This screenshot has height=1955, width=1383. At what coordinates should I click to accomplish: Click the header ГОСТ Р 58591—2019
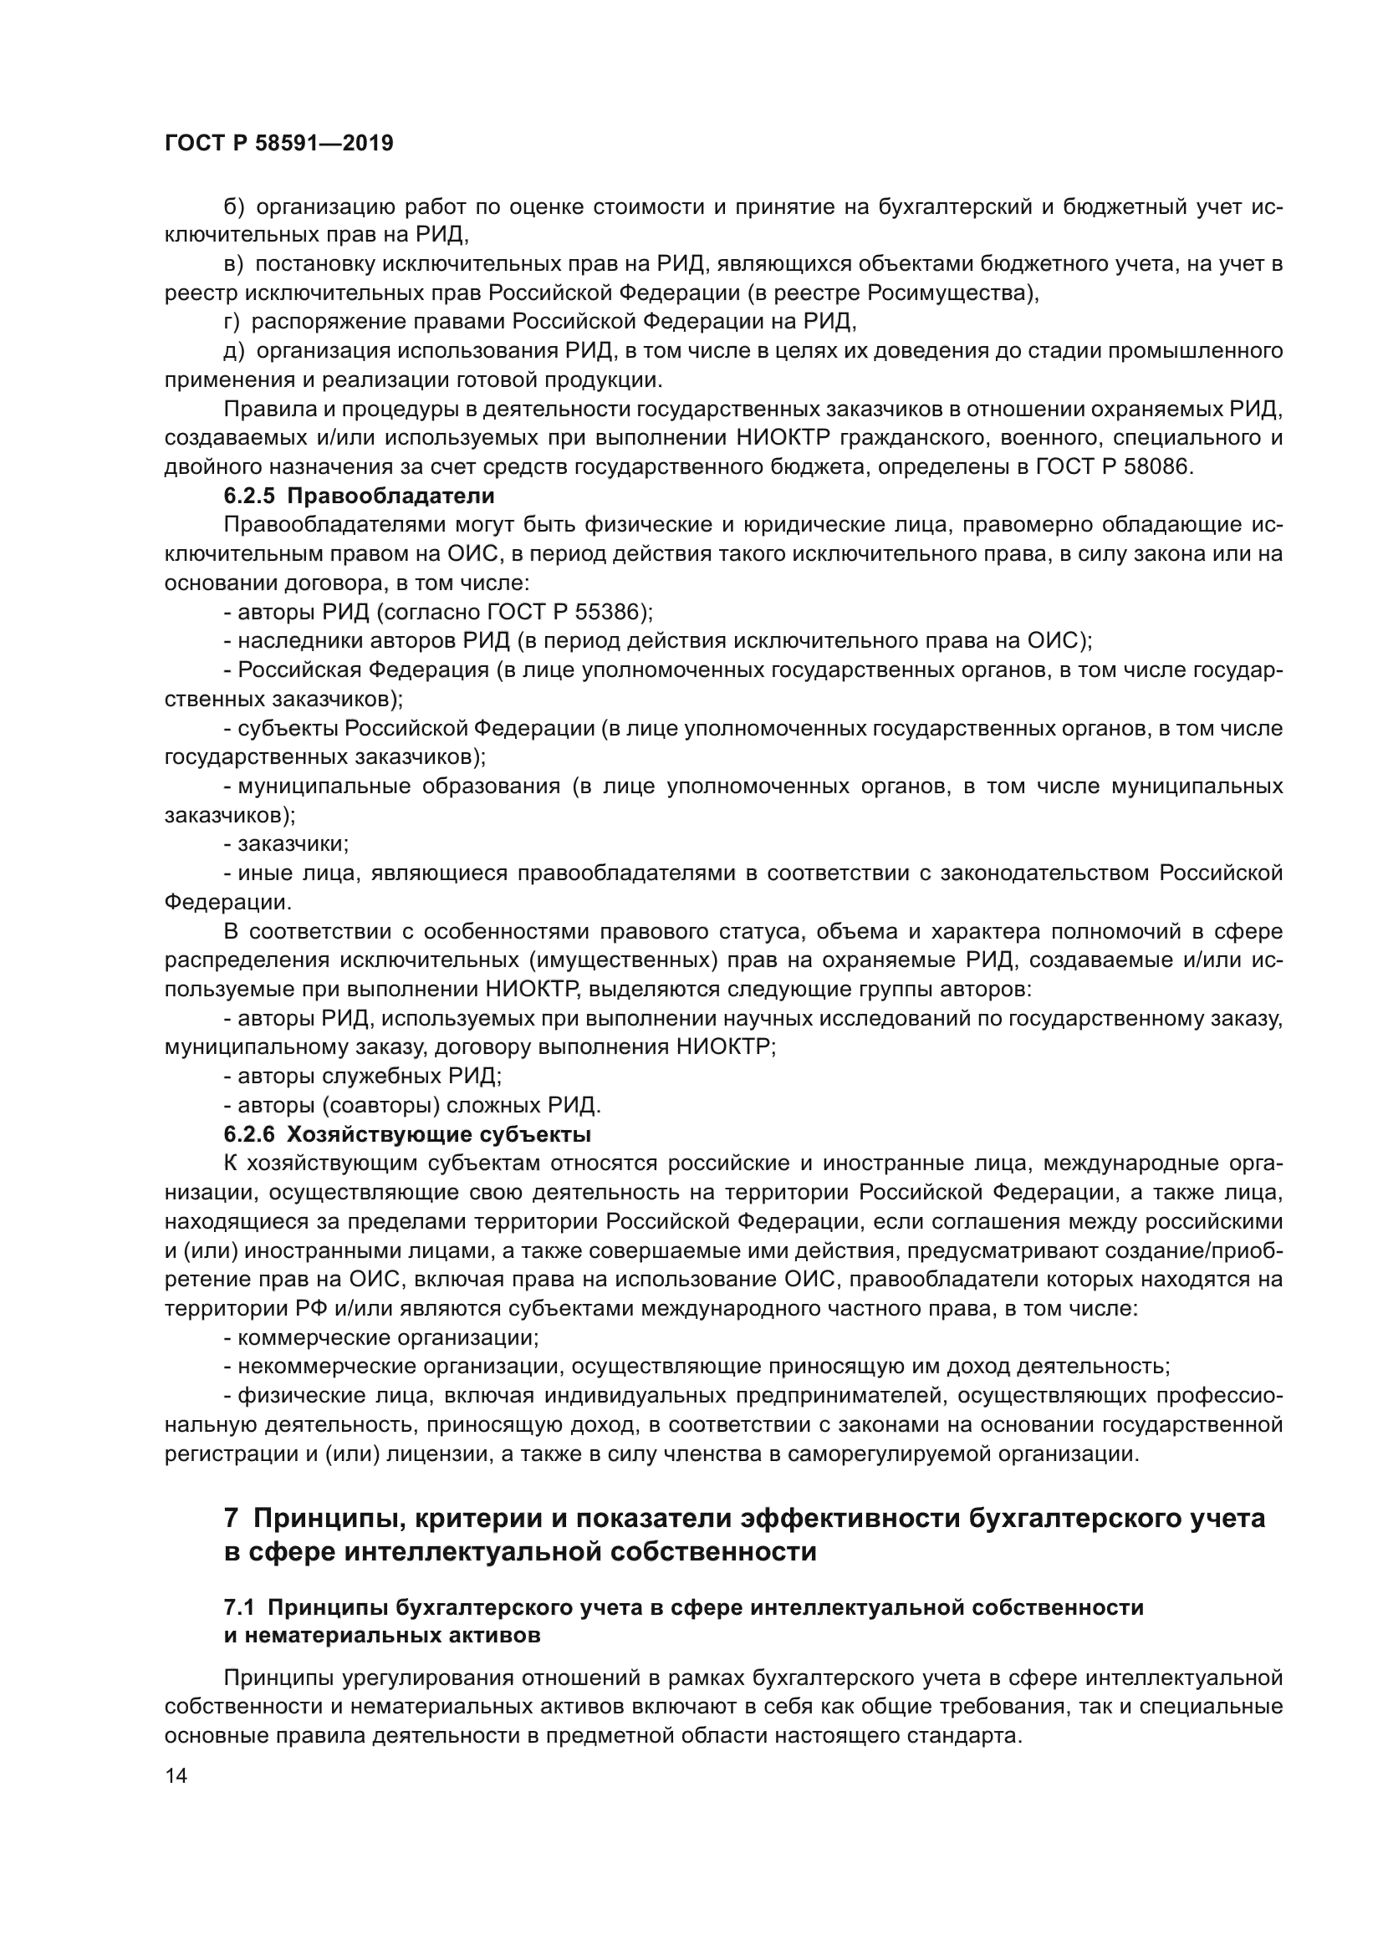coord(278,143)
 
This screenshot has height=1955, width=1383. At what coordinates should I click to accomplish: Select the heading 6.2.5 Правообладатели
coord(359,496)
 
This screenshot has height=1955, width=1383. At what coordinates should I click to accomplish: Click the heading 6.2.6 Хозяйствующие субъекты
coord(407,1134)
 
